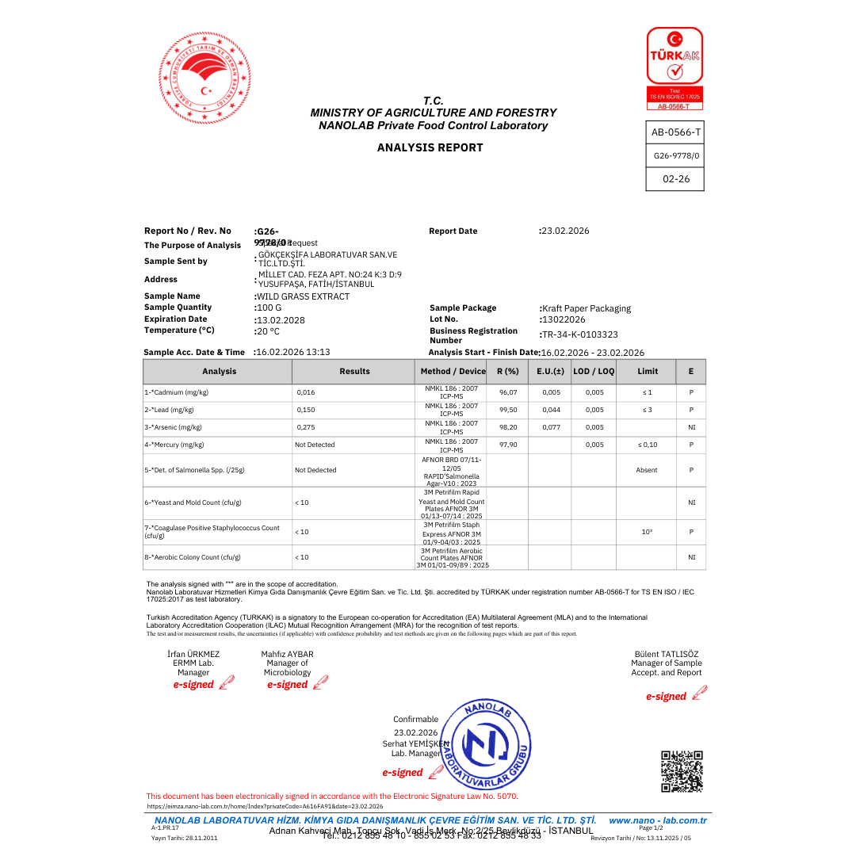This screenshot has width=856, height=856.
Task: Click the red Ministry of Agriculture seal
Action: pos(204,78)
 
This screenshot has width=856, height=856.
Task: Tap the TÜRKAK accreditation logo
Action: pos(674,68)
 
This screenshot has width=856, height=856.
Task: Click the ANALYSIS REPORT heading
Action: pos(430,147)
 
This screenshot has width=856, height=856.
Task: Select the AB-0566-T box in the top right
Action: pos(675,133)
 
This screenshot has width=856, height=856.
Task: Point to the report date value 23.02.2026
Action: pos(564,231)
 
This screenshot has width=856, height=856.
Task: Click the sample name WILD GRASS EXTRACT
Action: pos(302,296)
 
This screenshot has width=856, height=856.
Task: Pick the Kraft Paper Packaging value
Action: pos(586,308)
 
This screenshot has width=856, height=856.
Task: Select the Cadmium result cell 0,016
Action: pos(305,392)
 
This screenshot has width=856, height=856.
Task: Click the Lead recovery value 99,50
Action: pos(508,410)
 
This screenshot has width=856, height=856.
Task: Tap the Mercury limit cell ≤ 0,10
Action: pos(647,445)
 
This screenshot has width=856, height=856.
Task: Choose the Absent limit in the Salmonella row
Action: pos(647,470)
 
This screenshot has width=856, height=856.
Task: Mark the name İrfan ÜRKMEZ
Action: pos(193,654)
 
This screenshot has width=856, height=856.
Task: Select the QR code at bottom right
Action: pos(682,771)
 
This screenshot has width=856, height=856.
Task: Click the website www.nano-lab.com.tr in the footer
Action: pos(657,820)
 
